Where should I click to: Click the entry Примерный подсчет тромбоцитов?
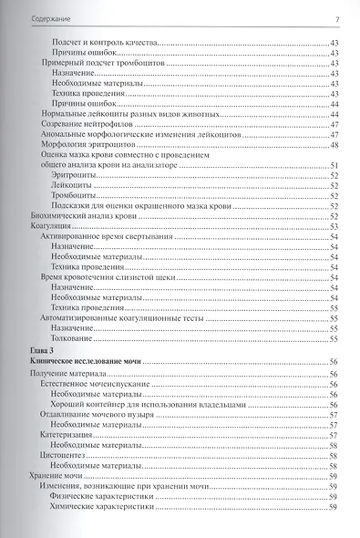point(96,63)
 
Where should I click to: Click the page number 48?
point(334,145)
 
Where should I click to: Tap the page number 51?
point(334,165)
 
